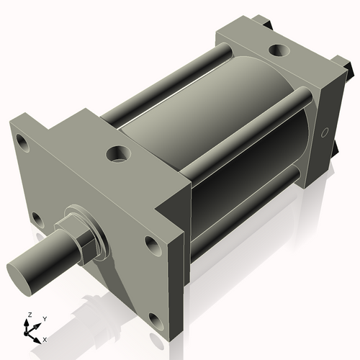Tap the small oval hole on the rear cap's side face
pos(325,132)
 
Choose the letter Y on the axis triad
pos(44,318)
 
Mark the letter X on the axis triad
pos(45,338)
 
